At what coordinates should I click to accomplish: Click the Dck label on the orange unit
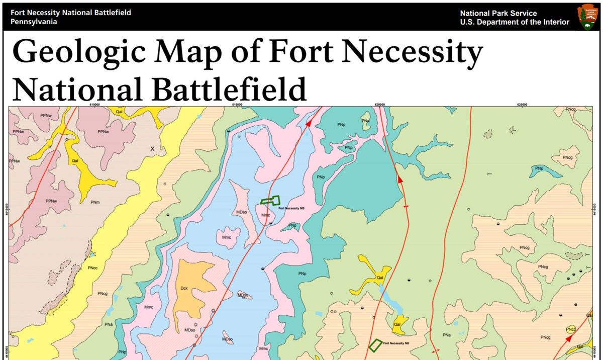pos(184,289)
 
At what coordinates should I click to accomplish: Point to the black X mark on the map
pos(153,149)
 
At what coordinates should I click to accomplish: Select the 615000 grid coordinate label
pos(237,105)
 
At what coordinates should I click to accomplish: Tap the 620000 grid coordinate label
pos(380,105)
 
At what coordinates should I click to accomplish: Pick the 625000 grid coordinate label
pos(523,105)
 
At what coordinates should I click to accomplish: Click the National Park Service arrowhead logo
pos(586,17)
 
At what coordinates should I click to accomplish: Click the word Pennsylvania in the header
pos(34,22)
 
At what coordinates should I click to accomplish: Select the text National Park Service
pos(498,14)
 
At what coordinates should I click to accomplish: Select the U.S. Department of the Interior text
pos(515,22)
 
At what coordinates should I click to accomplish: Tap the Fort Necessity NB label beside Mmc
pos(291,208)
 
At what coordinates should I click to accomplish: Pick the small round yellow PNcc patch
pos(570,329)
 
